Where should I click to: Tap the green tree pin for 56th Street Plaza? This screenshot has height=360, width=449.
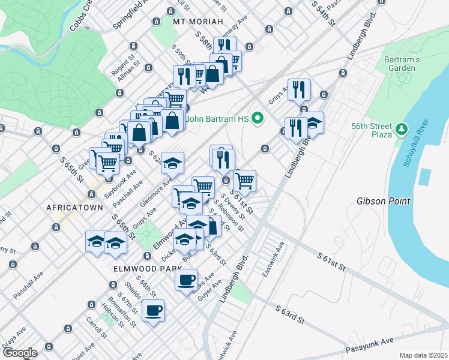(401, 128)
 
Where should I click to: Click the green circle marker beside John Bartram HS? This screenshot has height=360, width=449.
(258, 118)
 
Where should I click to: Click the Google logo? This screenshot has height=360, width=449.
(19, 353)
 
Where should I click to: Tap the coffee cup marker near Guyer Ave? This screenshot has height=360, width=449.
(186, 279)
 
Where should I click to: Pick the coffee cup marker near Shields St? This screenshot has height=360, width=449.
(153, 310)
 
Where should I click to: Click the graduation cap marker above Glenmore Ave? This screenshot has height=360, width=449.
(172, 163)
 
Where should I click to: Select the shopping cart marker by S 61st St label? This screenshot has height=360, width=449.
(244, 179)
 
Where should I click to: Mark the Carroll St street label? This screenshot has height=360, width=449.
(97, 326)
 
